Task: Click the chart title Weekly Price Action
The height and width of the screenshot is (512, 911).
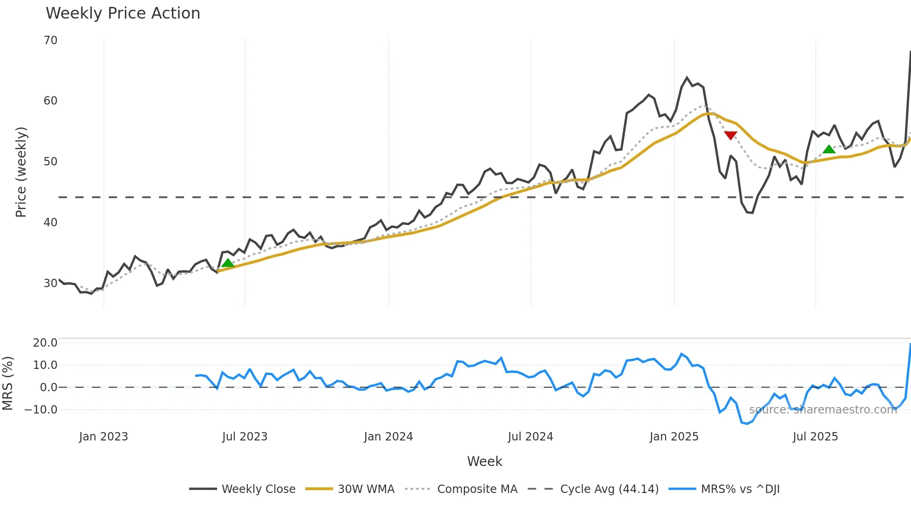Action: (123, 13)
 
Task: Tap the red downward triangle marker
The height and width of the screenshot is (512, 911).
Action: (730, 135)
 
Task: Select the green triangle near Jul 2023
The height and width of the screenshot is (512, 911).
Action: (228, 263)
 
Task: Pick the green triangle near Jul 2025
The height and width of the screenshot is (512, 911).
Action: (829, 149)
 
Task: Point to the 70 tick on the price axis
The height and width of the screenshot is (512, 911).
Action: (51, 40)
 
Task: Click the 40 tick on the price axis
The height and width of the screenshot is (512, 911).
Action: (51, 223)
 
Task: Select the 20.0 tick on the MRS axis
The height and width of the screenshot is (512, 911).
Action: (45, 343)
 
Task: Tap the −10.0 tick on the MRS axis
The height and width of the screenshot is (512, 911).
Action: (41, 410)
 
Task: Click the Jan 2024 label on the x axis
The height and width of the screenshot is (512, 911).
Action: (388, 437)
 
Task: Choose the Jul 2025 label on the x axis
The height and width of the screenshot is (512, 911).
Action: (815, 437)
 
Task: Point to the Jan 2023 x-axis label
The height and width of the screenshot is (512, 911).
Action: (103, 437)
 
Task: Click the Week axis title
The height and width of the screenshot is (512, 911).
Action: (484, 461)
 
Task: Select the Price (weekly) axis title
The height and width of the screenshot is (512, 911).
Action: (21, 172)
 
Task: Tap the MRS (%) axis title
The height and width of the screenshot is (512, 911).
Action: (8, 383)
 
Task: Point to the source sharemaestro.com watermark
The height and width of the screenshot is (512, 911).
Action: (823, 410)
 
